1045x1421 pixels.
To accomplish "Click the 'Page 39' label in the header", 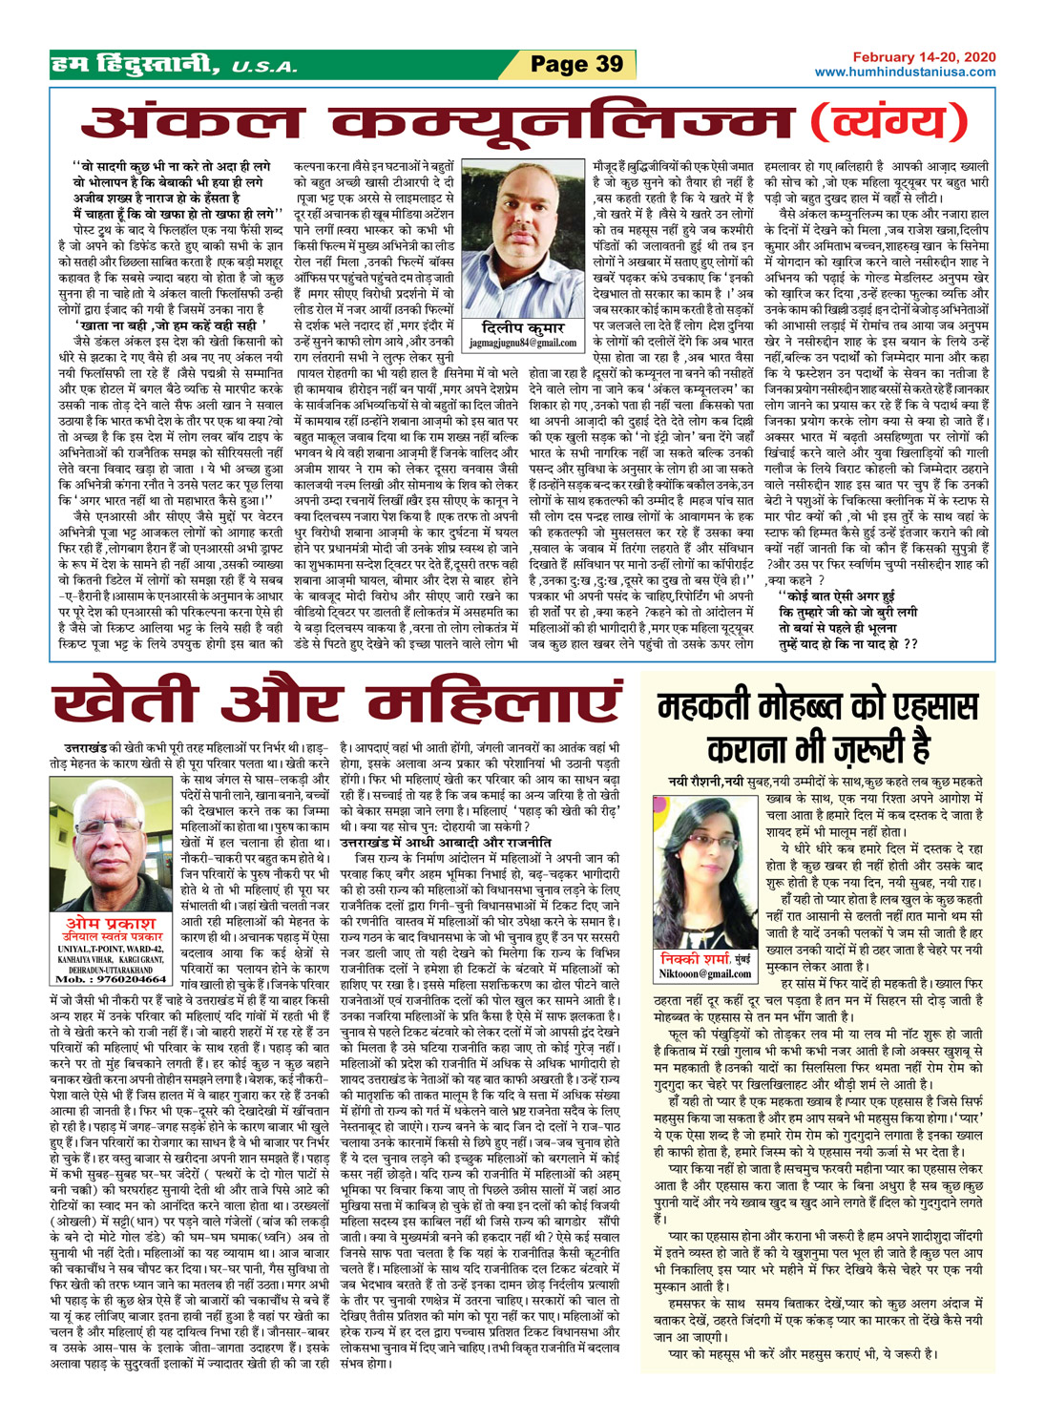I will (576, 65).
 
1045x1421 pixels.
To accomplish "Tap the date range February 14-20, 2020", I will (924, 57).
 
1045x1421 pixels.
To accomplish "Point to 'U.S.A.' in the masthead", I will (263, 68).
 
